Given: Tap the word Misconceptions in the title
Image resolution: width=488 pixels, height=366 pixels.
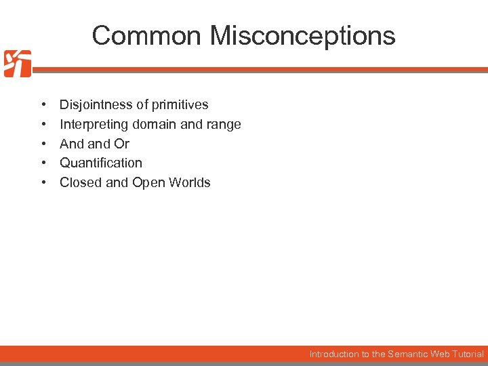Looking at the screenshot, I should pyautogui.click(x=302, y=35).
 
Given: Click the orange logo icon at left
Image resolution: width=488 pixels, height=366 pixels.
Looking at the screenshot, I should pyautogui.click(x=17, y=64).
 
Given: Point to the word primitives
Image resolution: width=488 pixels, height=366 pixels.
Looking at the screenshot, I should pyautogui.click(x=180, y=105).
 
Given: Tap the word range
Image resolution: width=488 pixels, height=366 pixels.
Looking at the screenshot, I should pyautogui.click(x=224, y=125).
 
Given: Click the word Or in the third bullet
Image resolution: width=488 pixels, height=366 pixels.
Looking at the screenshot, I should pyautogui.click(x=122, y=144).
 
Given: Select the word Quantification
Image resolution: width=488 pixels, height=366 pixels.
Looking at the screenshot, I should pyautogui.click(x=101, y=163).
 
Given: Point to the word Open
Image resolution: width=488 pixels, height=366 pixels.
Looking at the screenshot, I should pyautogui.click(x=149, y=182).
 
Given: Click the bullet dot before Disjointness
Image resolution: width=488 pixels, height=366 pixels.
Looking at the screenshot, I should pyautogui.click(x=43, y=105).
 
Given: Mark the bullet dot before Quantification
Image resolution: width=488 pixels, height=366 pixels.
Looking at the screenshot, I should pyautogui.click(x=43, y=163).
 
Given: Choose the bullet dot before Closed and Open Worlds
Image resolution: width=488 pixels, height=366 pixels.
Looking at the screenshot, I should pyautogui.click(x=43, y=182).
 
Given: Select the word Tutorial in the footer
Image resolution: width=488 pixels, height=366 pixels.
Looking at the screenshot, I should pyautogui.click(x=468, y=354).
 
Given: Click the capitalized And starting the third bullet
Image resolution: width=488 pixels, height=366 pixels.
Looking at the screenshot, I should pyautogui.click(x=71, y=144).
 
